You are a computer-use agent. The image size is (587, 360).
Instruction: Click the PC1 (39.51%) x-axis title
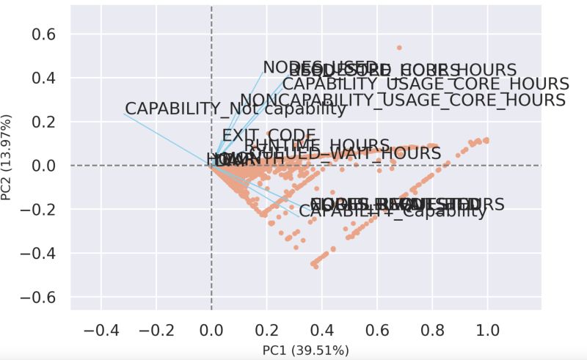tap(305, 350)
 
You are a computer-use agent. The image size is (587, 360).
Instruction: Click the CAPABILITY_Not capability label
tap(235, 109)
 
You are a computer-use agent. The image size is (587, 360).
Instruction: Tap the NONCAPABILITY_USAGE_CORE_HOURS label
tap(403, 100)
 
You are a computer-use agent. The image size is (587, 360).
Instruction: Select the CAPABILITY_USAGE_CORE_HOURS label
tap(426, 84)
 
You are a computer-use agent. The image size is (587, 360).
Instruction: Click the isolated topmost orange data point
tap(399, 48)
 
